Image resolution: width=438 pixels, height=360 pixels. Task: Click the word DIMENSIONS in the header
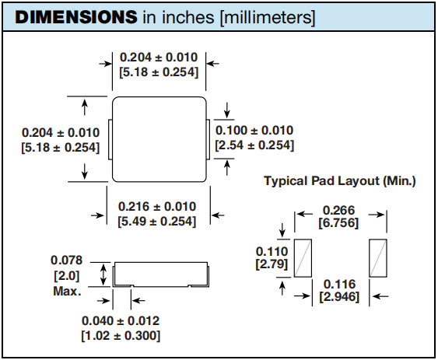[76, 17]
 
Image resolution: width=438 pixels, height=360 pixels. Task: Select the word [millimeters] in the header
[268, 18]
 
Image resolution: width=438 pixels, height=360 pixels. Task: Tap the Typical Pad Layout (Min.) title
[340, 181]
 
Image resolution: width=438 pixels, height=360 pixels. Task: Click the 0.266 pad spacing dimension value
[338, 210]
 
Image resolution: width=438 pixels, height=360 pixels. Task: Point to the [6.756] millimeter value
[338, 223]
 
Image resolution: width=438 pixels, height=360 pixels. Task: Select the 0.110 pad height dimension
[272, 251]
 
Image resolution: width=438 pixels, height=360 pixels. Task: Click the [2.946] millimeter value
[339, 296]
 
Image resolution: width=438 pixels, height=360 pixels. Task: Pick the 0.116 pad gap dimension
[339, 284]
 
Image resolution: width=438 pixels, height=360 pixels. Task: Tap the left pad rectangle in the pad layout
[303, 258]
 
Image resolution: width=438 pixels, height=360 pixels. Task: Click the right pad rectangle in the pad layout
[378, 258]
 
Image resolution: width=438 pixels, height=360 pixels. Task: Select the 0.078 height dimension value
[66, 260]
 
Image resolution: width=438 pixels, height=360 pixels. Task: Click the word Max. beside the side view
[67, 292]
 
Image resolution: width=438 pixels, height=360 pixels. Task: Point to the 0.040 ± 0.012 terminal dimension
[121, 320]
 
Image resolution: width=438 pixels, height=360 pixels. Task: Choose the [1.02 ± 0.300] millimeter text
[121, 335]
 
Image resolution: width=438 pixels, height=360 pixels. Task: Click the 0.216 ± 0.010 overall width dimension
[157, 207]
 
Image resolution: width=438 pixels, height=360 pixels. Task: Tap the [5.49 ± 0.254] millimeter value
[157, 222]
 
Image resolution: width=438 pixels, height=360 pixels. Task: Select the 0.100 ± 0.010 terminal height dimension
[254, 131]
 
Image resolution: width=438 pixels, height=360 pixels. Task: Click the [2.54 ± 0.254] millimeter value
[254, 145]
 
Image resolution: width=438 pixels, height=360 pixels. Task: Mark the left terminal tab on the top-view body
[110, 140]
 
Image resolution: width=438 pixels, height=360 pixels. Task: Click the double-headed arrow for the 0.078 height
[103, 274]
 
